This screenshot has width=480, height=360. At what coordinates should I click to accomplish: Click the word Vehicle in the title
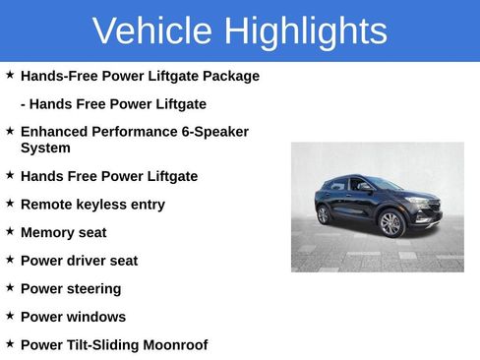[x=153, y=31]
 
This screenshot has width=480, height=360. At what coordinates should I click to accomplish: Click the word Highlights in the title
[x=305, y=31]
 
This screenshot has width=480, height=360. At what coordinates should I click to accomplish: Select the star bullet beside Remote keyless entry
[x=10, y=204]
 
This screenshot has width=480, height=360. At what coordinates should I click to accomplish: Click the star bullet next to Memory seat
[x=10, y=231]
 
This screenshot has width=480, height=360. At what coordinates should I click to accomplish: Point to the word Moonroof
[x=174, y=345]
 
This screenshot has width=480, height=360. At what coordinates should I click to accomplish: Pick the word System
[x=45, y=148]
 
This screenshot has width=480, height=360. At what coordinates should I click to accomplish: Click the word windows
[x=94, y=317]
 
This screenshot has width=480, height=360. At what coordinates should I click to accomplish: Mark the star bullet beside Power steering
[x=10, y=287]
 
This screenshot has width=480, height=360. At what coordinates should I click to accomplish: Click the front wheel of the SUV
[x=391, y=224]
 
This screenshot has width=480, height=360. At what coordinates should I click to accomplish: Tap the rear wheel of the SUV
[x=324, y=214]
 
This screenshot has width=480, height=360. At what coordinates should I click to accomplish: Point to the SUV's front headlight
[x=421, y=202]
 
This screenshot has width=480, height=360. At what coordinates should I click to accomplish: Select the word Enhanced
[x=54, y=131]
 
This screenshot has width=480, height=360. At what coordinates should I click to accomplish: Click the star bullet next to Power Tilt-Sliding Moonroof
[x=10, y=344]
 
